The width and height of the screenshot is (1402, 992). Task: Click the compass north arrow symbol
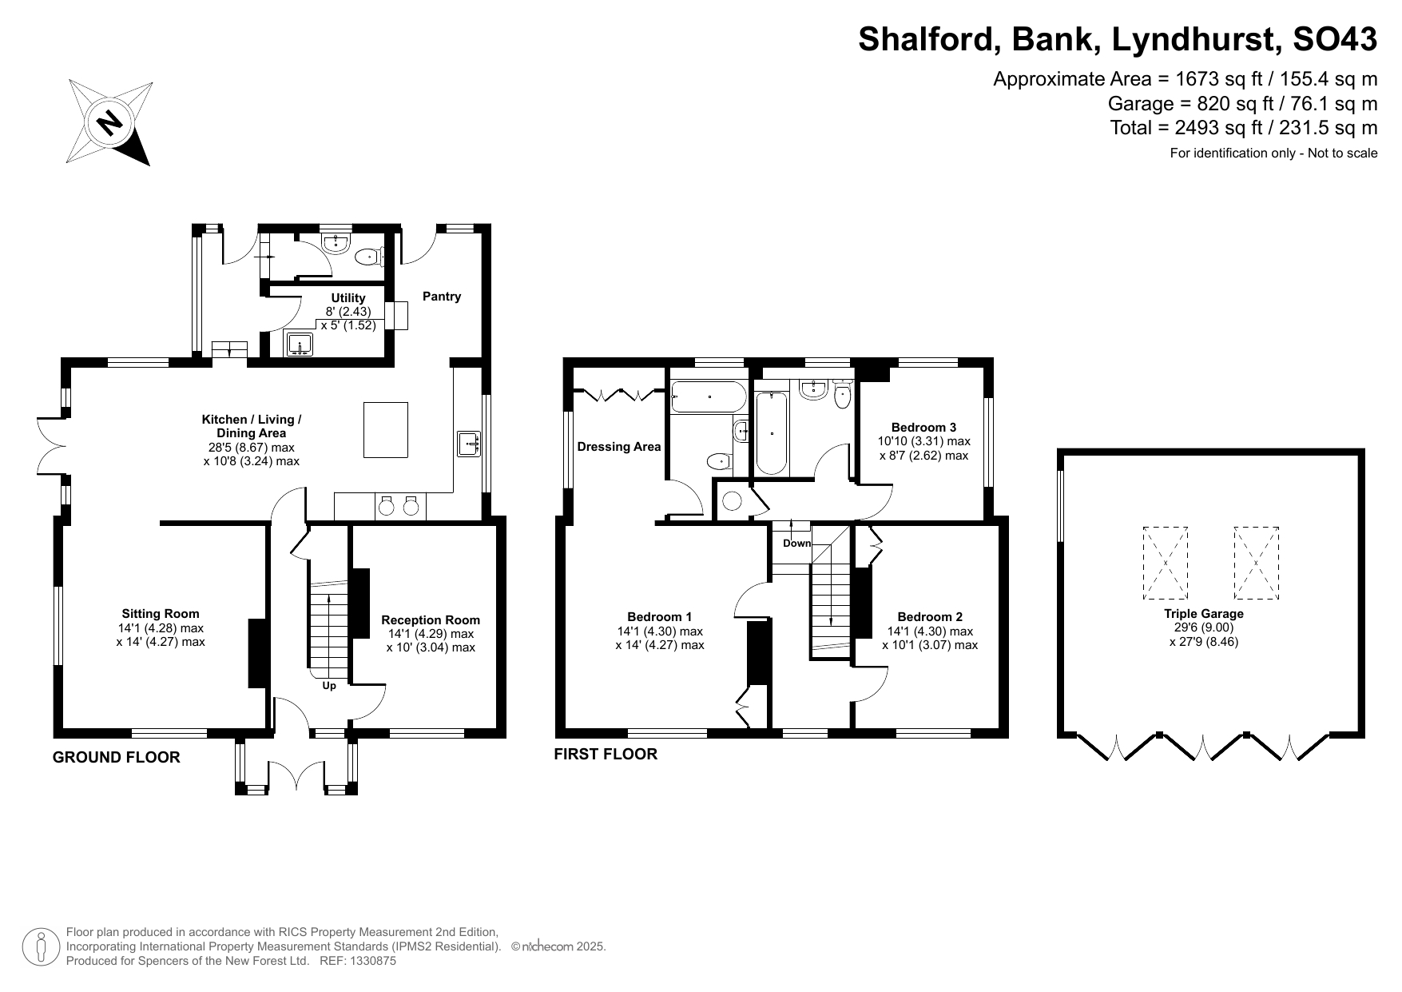110,122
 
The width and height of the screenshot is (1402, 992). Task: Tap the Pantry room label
442,297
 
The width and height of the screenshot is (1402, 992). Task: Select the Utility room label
348,298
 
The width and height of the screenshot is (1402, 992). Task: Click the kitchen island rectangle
386,430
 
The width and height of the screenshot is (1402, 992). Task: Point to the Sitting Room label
161,614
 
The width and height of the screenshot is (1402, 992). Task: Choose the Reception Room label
431,620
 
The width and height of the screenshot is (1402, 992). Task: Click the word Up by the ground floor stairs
329,686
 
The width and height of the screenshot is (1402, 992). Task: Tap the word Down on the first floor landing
796,544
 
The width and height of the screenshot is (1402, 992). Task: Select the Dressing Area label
619,447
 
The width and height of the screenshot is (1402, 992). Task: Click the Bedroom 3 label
923,428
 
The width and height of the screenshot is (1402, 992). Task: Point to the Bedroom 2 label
930,617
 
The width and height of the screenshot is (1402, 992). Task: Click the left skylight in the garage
1166,563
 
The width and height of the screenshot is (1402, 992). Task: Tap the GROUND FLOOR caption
117,758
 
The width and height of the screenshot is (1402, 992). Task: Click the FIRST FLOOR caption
606,755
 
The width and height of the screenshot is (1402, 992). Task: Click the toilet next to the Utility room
371,257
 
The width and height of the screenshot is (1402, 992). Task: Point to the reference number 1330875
369,962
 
